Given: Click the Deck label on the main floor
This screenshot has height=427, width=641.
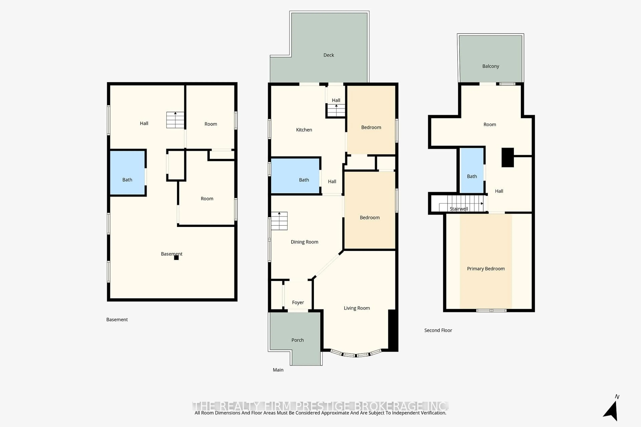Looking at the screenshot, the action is coord(329,55).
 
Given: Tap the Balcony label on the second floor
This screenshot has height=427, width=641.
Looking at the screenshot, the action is coord(491,66).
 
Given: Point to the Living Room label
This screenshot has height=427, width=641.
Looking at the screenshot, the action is coord(357,308).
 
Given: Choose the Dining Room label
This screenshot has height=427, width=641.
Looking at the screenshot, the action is coord(304,242).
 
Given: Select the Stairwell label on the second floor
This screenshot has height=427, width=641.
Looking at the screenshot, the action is coord(459,209).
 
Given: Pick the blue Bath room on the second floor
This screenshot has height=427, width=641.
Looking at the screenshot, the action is coord(472,170).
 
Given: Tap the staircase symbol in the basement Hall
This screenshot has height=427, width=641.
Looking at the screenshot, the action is coord(175,120).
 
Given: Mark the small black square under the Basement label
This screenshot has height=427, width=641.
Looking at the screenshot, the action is coord(176,258).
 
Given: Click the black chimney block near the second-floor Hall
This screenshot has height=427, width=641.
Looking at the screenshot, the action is coord(508,157).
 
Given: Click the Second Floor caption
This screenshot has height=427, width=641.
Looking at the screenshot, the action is coord(438,330).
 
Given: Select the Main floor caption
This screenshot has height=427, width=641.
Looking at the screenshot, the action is coord(278,370).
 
